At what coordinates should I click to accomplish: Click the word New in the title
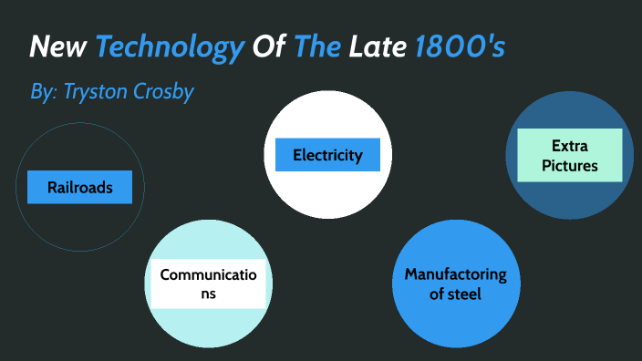58,46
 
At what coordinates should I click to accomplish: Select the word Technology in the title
171,46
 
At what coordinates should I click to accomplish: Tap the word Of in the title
269,46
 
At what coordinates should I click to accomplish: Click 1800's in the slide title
459,46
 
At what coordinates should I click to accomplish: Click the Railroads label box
80,188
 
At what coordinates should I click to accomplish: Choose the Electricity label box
327,155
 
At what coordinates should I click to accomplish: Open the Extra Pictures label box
569,155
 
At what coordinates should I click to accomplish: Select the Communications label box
209,284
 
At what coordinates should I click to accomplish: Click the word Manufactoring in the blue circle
455,274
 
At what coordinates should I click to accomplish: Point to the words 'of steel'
455,294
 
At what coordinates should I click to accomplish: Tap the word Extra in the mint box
569,145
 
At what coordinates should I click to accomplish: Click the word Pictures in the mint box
569,165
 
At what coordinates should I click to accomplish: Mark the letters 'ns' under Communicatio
209,294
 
